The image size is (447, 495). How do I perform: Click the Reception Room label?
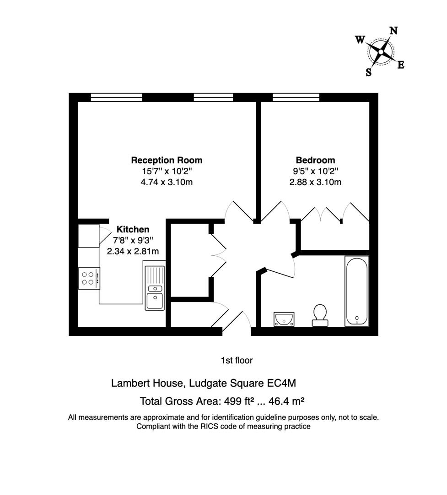click(167, 160)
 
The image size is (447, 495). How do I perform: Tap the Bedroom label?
click(315, 160)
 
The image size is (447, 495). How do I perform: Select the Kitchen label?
click(133, 229)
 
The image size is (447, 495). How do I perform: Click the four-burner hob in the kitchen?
click(89, 278)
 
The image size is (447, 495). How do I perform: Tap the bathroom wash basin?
click(285, 319)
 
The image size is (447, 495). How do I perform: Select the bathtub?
click(356, 291)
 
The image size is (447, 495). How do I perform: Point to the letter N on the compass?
click(393, 31)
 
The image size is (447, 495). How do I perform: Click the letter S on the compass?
click(368, 72)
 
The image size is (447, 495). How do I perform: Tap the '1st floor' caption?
click(237, 361)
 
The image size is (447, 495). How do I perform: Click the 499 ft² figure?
click(238, 401)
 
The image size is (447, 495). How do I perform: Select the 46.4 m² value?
click(286, 401)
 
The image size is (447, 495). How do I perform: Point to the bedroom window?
click(296, 97)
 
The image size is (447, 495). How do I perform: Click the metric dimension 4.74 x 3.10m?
click(167, 182)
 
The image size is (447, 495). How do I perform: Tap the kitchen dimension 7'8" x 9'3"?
click(133, 240)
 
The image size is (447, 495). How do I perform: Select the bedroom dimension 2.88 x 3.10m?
click(315, 182)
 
